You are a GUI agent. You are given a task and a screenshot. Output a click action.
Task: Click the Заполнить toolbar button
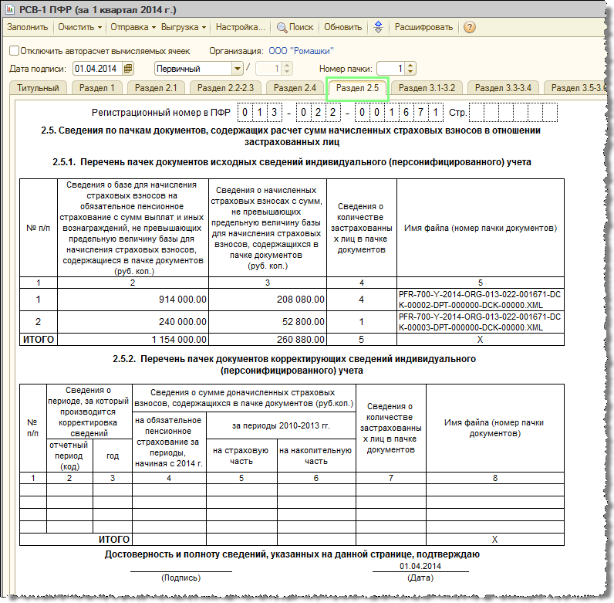(28, 27)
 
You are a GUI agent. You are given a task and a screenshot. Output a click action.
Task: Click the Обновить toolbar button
(342, 27)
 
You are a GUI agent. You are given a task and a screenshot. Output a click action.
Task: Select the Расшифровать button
(423, 27)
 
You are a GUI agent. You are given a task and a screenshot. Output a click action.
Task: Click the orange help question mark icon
(469, 27)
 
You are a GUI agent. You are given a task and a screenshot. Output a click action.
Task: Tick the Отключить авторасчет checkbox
(15, 51)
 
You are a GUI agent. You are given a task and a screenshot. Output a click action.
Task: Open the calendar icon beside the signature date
(128, 69)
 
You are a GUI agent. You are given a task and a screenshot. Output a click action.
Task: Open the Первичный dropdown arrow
(238, 69)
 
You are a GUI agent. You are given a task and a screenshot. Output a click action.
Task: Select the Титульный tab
(38, 88)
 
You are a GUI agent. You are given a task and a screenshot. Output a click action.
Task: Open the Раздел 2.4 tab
(295, 88)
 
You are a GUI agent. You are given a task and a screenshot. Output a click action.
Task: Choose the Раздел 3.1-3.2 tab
(426, 88)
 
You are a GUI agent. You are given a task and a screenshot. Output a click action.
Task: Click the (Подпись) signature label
(180, 578)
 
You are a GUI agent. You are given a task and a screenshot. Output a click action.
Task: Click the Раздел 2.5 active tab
(357, 88)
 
